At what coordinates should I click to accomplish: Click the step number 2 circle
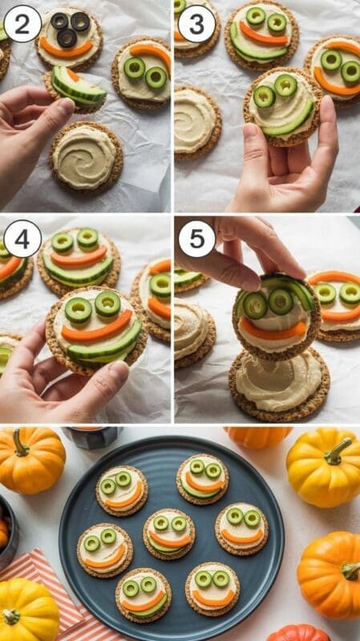(x=22, y=23)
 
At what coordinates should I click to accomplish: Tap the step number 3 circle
(x=196, y=23)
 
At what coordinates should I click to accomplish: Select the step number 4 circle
(x=22, y=238)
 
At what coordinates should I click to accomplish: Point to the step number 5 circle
(x=196, y=238)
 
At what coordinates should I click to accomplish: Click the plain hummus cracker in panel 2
(x=86, y=155)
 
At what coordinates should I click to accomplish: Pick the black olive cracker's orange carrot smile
(x=67, y=50)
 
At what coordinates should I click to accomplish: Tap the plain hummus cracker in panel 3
(x=197, y=123)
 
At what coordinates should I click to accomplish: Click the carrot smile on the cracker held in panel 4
(x=97, y=327)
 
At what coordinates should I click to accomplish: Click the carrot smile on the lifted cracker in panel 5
(x=273, y=329)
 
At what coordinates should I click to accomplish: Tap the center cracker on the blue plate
(x=169, y=534)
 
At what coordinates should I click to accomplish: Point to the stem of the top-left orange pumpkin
(x=19, y=442)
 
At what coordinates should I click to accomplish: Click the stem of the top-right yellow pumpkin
(x=338, y=452)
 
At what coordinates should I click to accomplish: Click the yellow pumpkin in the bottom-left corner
(x=28, y=610)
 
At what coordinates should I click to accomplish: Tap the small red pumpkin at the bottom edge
(x=298, y=633)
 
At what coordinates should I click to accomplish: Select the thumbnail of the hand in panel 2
(x=66, y=106)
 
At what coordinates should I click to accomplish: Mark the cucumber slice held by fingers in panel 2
(x=79, y=87)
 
